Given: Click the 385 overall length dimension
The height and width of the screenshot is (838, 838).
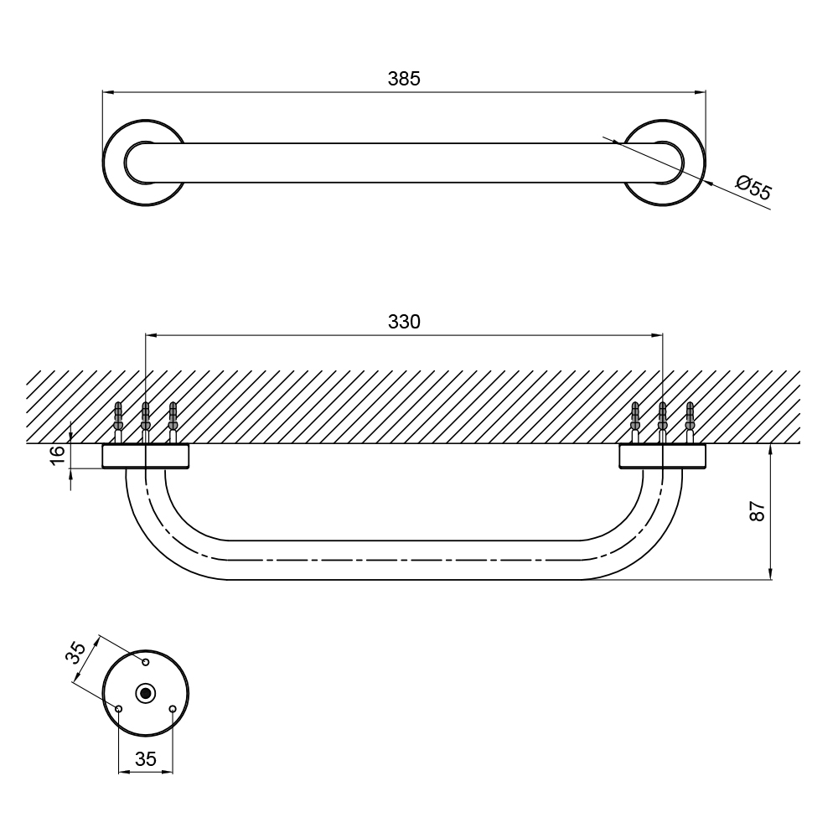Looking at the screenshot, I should point(404,78).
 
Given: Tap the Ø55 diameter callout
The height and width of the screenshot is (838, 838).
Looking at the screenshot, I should point(753,188).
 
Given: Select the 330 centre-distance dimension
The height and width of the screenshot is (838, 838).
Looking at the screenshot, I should point(404,321).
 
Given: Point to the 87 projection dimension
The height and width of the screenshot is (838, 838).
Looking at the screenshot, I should point(758,511).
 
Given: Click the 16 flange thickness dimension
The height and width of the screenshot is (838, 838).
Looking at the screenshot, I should point(57,455).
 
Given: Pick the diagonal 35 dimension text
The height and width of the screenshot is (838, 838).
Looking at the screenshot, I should point(78,653).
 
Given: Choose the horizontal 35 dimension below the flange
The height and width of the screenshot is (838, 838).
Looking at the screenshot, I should point(145,759).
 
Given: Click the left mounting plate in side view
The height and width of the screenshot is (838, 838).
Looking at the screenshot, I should point(145,456).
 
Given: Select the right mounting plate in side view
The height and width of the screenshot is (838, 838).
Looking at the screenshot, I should point(662,456).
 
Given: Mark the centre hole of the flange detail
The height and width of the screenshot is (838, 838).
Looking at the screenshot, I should point(146,693).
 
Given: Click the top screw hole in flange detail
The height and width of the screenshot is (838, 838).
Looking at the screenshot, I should point(146,662).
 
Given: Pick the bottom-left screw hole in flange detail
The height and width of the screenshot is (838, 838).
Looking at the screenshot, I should point(119,709).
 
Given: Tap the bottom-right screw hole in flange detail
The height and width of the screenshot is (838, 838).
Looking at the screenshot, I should point(173,709).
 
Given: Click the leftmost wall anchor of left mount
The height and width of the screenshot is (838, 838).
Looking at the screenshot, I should point(118,419).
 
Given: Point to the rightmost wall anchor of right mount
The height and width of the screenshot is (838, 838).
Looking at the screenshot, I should point(690,419).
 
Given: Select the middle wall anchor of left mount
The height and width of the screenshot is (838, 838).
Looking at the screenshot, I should point(145,419).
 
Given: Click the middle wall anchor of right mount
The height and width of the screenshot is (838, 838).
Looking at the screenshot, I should point(662,419).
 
